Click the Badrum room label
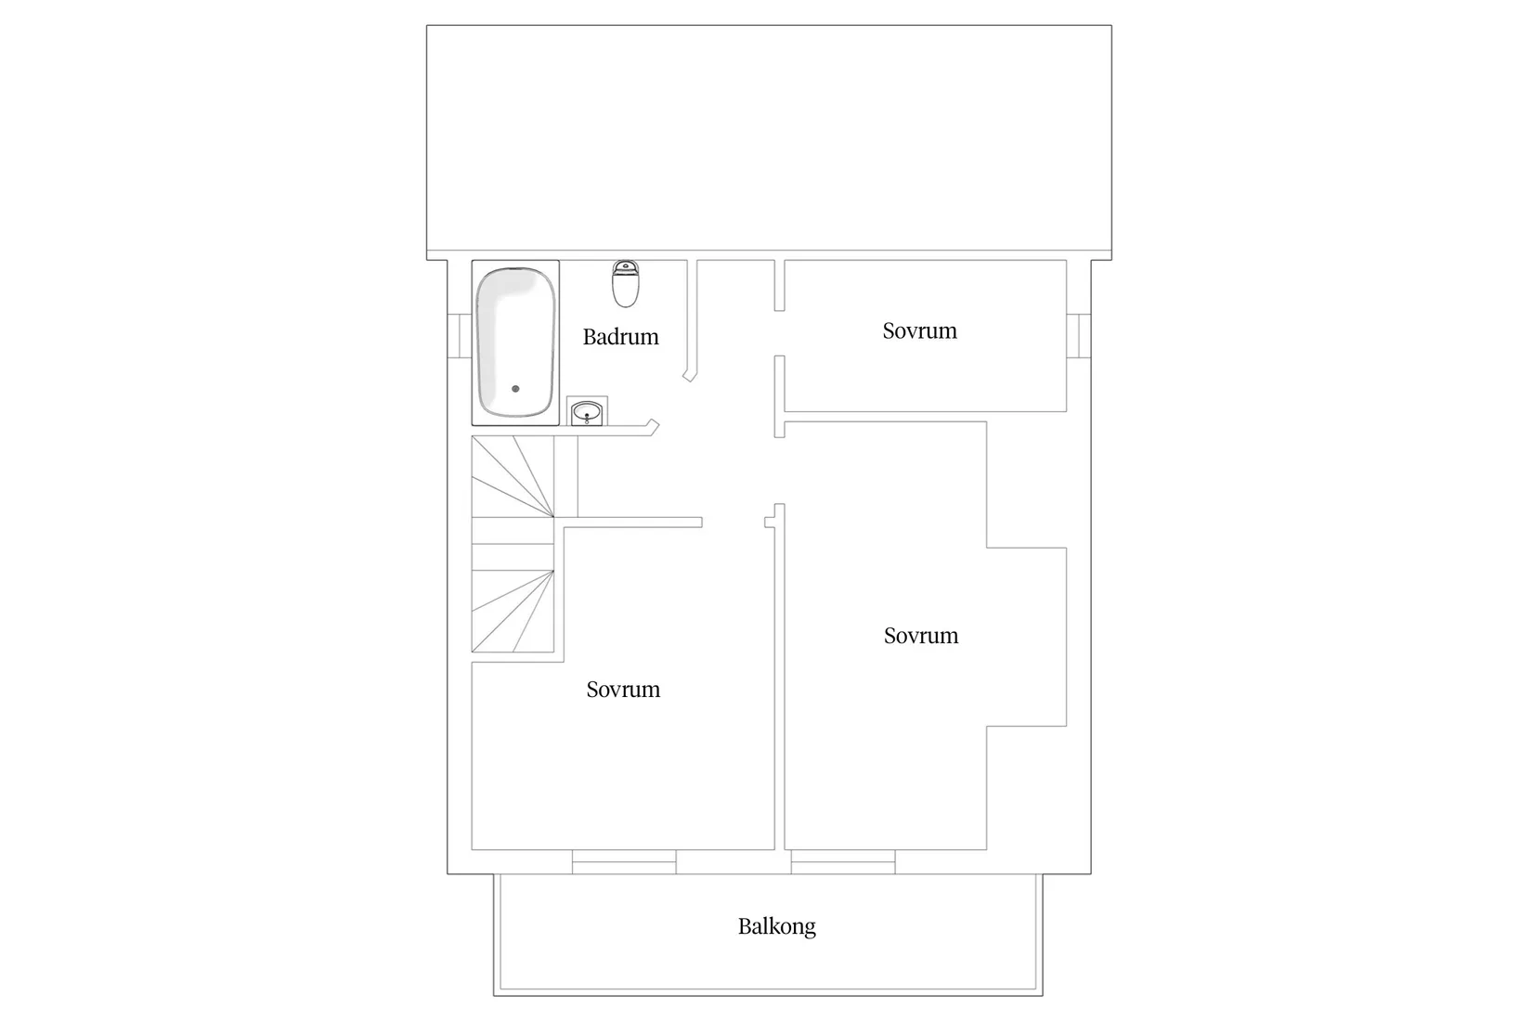[620, 337]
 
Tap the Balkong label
[776, 926]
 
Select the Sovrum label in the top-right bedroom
[919, 331]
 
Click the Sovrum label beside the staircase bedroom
[623, 690]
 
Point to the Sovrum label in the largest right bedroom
[920, 636]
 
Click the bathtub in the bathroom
[515, 342]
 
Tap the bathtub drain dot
[515, 389]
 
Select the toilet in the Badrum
[626, 284]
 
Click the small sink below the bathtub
[587, 411]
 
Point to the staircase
[513, 548]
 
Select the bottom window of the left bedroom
[623, 862]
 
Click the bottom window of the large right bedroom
[843, 862]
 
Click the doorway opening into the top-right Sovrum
[780, 333]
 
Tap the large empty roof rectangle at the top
[769, 139]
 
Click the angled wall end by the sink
[654, 427]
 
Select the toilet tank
[626, 268]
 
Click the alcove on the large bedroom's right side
[1026, 637]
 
